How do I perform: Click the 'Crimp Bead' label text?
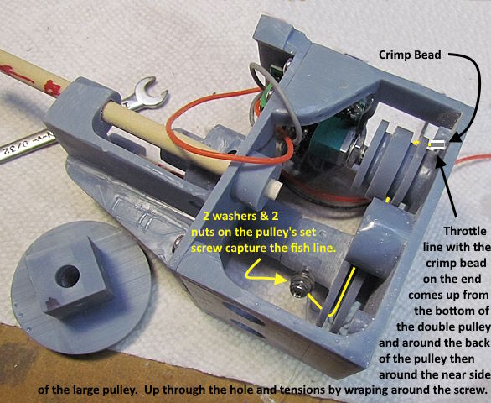(410, 55)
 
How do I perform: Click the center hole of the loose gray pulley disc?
(67, 276)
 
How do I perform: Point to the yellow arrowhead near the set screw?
(280, 279)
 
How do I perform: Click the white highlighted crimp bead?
(437, 144)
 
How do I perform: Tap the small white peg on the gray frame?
(273, 191)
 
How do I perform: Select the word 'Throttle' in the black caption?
(465, 232)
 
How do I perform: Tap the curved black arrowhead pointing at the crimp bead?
(455, 137)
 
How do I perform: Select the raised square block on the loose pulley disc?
(69, 276)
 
